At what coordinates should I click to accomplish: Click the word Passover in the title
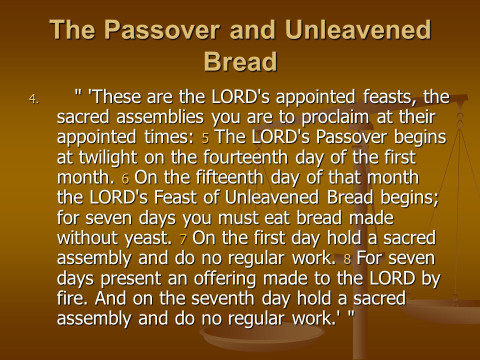point(162,29)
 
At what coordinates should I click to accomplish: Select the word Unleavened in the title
point(358,29)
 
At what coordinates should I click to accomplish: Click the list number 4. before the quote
point(34,98)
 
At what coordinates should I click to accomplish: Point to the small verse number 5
point(205,138)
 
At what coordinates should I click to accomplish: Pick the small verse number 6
point(125,179)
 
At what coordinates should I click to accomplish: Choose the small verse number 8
point(347,259)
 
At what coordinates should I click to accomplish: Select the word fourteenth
point(245,157)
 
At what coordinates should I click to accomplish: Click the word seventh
point(222,298)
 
